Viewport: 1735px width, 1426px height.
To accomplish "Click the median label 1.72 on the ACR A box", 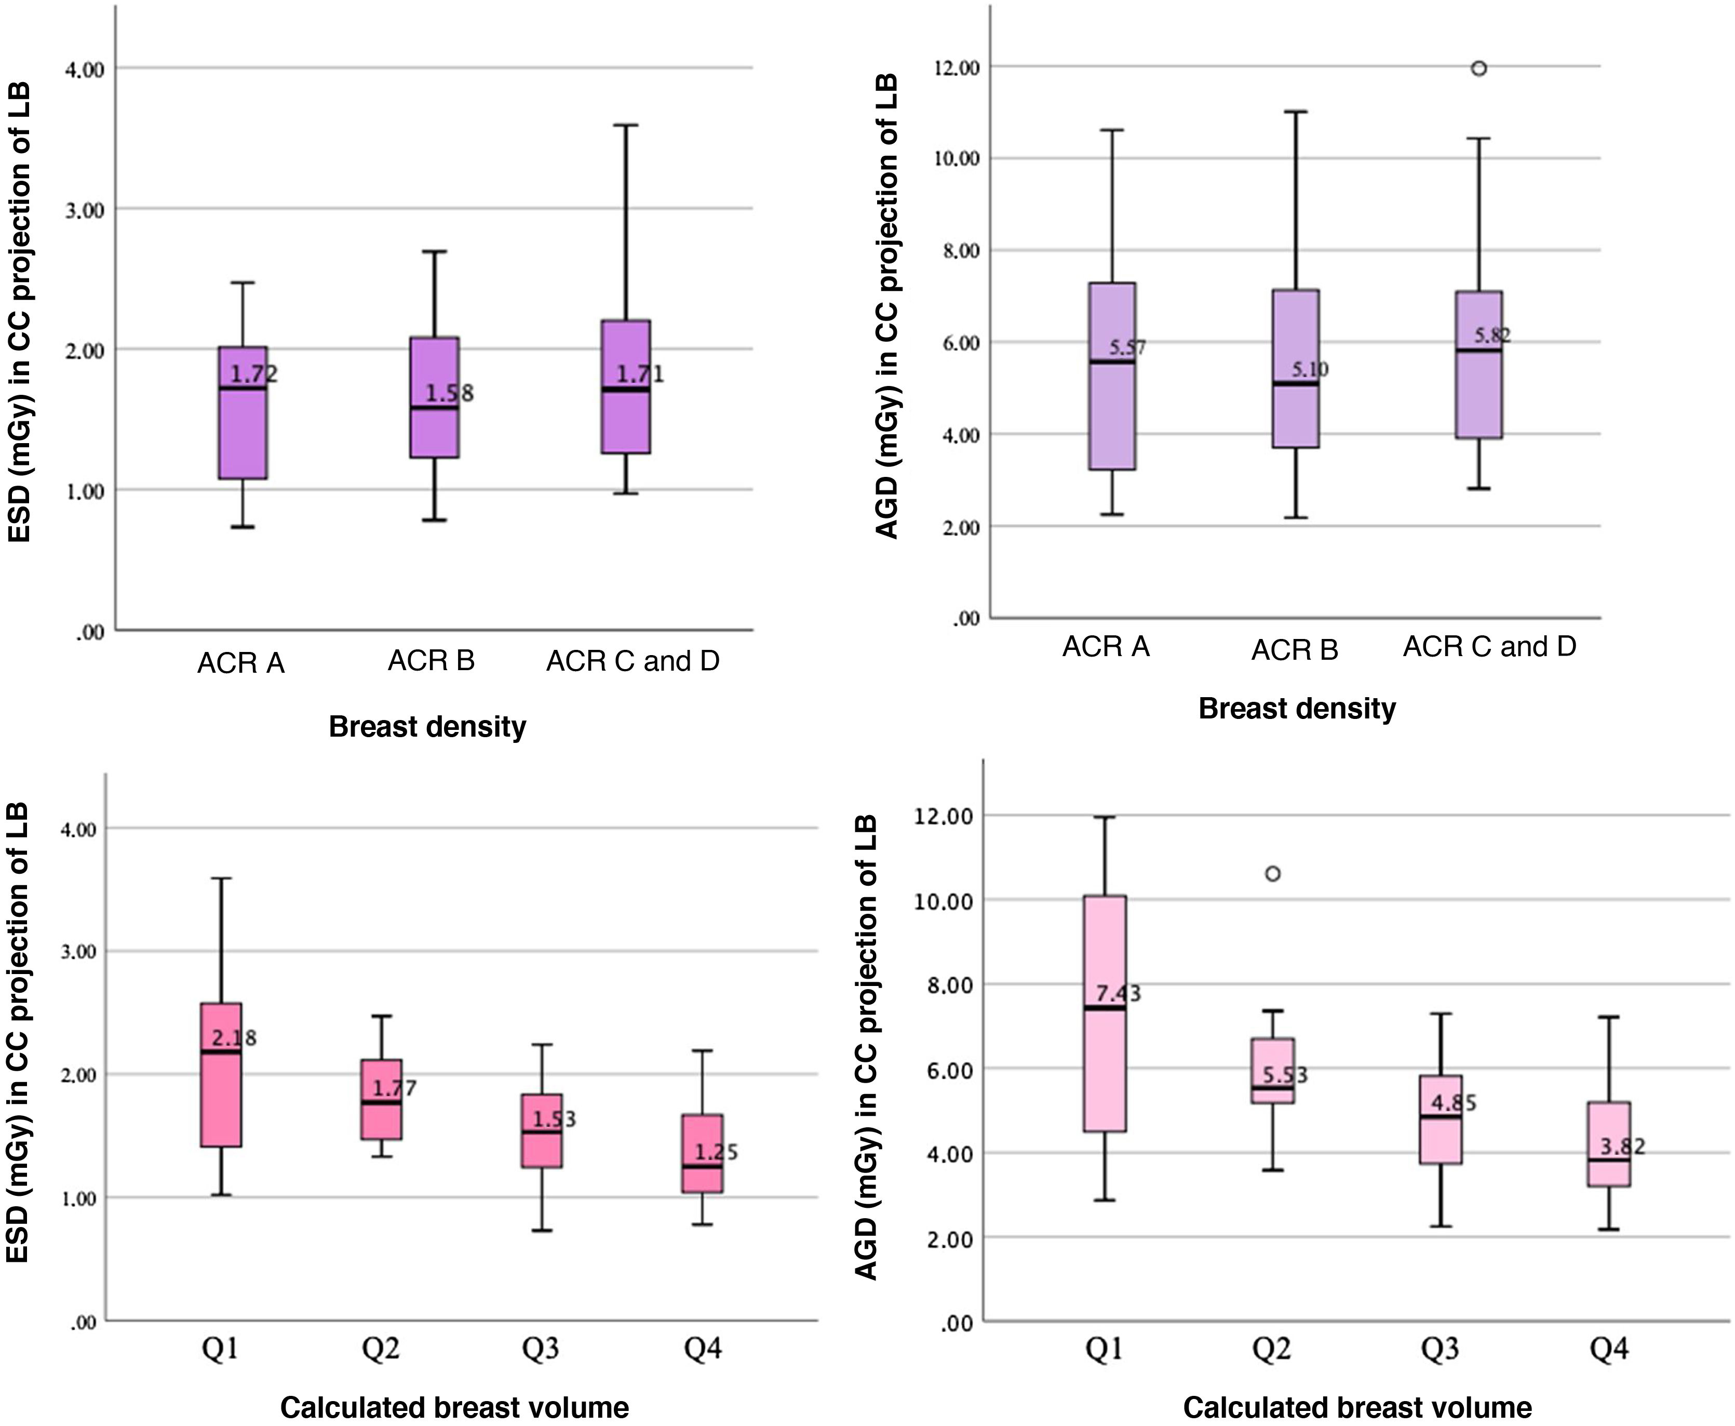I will (x=254, y=375).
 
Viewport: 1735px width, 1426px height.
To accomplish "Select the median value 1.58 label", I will (x=449, y=393).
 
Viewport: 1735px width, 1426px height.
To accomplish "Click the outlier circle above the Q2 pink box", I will (x=1273, y=874).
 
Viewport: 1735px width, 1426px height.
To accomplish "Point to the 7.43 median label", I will (x=1119, y=994).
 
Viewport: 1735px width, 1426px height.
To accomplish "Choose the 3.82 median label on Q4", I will (x=1622, y=1147).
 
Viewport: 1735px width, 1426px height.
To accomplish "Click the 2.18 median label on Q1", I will (x=234, y=1038).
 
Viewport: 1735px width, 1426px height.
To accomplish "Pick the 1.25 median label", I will (x=716, y=1152).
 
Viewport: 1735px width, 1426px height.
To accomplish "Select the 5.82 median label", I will (x=1492, y=335).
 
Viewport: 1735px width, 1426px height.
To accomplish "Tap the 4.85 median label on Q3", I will (x=1454, y=1102).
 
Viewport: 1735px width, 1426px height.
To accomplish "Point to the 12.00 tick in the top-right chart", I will (x=958, y=68).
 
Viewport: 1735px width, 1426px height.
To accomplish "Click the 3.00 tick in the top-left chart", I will (x=85, y=210).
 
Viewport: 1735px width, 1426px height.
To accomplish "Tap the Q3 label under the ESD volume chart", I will (x=541, y=1348).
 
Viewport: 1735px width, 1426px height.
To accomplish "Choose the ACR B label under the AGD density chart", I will (x=1294, y=650).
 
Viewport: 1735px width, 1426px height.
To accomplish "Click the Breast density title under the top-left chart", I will (x=427, y=727).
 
